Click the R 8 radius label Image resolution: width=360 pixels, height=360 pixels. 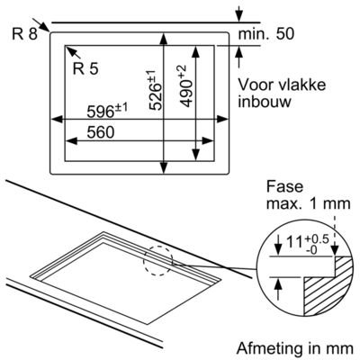pos(24,34)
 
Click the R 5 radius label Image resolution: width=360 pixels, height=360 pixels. pos(85,69)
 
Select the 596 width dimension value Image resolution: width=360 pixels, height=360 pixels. pos(100,112)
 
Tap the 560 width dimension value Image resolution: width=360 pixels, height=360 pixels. pos(101,132)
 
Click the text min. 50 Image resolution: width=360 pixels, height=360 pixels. pos(266,34)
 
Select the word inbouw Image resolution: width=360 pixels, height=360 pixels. pos(265,102)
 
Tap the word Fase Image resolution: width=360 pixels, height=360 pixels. pos(284,186)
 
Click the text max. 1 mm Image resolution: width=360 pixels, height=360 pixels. pos(309,203)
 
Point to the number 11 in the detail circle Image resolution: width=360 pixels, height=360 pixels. pos(293,243)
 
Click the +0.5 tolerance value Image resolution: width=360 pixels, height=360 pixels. pos(317,239)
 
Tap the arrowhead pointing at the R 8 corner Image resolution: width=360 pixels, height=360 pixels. pos(45,27)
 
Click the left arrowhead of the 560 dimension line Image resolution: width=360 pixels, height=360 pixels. pos(71,140)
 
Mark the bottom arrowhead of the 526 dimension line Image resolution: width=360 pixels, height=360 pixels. pos(164,167)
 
